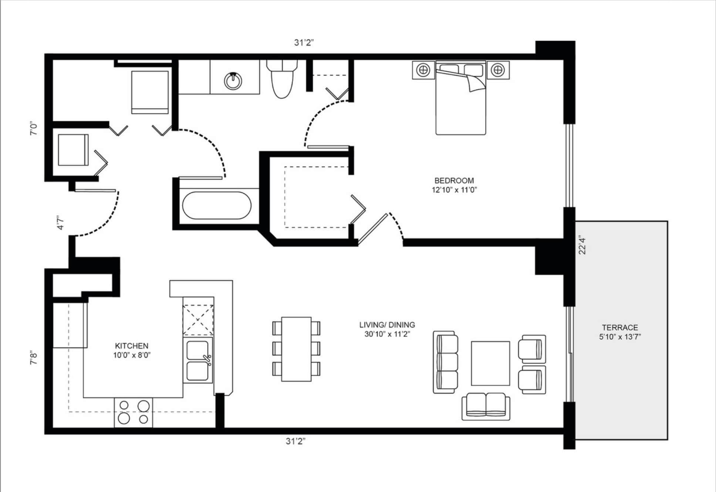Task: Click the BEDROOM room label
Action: [x=454, y=181]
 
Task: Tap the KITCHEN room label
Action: [x=132, y=346]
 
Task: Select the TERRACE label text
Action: [x=620, y=328]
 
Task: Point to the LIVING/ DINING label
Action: [x=387, y=325]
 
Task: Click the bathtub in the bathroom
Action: [x=217, y=206]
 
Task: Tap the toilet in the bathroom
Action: [x=282, y=79]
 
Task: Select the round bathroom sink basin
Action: [x=233, y=81]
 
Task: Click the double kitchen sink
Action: [x=198, y=361]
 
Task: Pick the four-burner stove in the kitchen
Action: [x=134, y=413]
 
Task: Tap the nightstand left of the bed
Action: [x=423, y=69]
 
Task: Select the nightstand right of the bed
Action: [x=498, y=69]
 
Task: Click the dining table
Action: [x=296, y=349]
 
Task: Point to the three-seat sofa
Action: [x=446, y=362]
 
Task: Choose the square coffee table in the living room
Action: [x=490, y=363]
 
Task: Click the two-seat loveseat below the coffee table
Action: [x=486, y=407]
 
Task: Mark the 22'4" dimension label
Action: [x=582, y=245]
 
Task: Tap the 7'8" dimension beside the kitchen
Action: [x=34, y=357]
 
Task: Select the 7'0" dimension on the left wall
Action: [x=34, y=128]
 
